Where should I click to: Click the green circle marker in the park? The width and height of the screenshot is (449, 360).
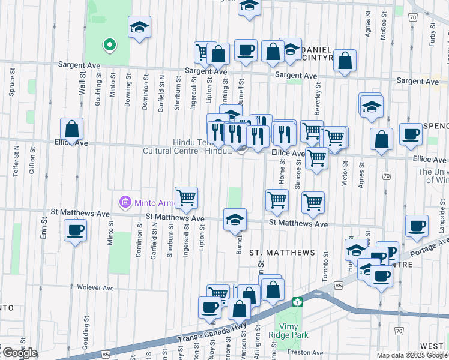tap(109, 44)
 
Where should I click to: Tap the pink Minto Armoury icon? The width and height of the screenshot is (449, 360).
tap(125, 202)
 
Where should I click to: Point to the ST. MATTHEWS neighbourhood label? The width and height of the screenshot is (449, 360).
tap(282, 253)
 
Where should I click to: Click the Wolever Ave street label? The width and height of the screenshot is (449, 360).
tap(95, 288)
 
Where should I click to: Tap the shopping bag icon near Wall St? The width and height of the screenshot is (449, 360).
tap(72, 130)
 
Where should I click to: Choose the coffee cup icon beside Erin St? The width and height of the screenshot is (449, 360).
tap(75, 231)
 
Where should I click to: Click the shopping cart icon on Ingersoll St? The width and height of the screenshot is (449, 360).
tap(186, 198)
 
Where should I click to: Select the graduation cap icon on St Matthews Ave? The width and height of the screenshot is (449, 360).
tap(235, 220)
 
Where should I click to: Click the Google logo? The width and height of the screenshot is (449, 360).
tap(19, 353)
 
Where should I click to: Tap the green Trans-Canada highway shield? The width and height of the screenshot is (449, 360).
tap(297, 301)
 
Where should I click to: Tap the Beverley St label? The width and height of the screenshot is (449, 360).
tap(318, 94)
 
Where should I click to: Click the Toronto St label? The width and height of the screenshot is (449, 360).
tap(325, 262)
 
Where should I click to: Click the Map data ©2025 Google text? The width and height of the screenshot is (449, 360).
tap(412, 355)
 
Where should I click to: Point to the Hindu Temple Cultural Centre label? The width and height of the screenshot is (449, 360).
tap(186, 146)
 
